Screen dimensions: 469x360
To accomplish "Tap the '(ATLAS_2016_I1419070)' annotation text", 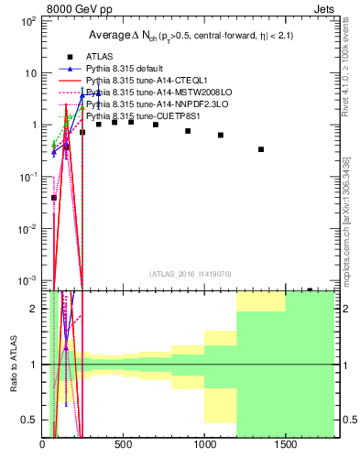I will pyautogui.click(x=189, y=273).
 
